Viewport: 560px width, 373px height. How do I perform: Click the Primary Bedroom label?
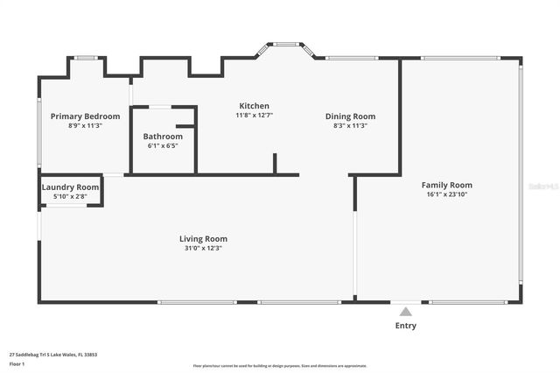[x=85, y=116]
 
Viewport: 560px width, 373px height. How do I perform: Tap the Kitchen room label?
[x=255, y=106]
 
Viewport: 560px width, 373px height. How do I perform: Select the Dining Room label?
[x=350, y=116]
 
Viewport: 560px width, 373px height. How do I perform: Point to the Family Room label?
[x=446, y=185]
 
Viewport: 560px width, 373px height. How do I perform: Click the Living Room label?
[x=203, y=238]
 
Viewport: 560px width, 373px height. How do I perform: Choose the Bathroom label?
[x=163, y=137]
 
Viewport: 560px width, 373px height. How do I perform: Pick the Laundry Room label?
[x=70, y=187]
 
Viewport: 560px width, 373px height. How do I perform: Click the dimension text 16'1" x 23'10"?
[x=446, y=194]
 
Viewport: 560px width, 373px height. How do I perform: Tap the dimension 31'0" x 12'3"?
[x=203, y=248]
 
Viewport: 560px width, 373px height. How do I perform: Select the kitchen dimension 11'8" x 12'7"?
[x=255, y=115]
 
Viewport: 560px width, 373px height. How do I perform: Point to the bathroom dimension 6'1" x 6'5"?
[x=163, y=145]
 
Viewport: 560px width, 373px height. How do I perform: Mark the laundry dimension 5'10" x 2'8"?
[x=70, y=196]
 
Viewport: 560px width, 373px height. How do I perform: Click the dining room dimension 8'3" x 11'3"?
[x=350, y=125]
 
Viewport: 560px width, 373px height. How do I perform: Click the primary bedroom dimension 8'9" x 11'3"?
[x=85, y=125]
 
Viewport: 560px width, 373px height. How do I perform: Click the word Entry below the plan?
[x=405, y=326]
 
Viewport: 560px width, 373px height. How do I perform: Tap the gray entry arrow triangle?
[x=405, y=311]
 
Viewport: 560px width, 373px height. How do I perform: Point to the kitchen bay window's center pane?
[x=285, y=44]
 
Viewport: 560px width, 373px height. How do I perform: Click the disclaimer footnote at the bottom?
[x=279, y=366]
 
